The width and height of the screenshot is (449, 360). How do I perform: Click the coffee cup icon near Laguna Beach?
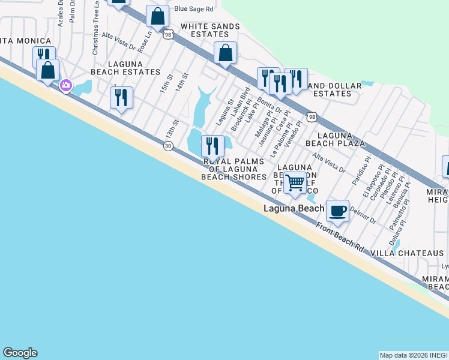(x=337, y=211)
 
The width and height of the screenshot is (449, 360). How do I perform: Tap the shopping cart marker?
(x=295, y=182)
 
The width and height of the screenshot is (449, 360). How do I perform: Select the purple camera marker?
(x=66, y=86)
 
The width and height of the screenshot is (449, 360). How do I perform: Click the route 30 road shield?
(x=169, y=146)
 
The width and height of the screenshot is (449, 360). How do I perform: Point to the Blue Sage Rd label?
(x=194, y=9)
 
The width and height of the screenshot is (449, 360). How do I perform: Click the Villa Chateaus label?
(x=407, y=254)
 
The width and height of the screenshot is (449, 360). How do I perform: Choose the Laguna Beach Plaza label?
(x=335, y=139)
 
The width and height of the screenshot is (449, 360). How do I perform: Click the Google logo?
(x=20, y=353)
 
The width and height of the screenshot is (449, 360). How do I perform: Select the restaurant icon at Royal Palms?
(x=212, y=146)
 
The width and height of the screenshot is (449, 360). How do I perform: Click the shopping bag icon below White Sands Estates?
(x=225, y=53)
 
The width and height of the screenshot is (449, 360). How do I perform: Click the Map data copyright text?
(x=413, y=355)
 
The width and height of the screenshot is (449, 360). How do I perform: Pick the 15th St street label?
(x=166, y=84)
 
